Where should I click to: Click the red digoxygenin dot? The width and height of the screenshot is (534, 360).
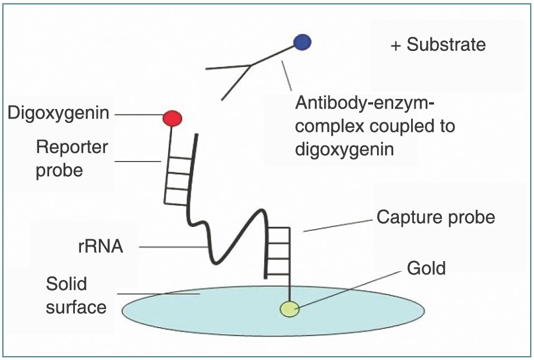pos(173,118)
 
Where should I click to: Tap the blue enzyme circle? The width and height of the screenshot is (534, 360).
pos(302,41)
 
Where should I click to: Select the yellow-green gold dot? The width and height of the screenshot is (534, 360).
pos(290,308)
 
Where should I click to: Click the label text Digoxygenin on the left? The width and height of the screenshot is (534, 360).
pos(59,113)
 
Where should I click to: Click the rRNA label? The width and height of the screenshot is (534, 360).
pos(101,246)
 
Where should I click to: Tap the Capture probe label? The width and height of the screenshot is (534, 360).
pos(436,217)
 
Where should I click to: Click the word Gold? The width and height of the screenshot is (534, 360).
pos(426,268)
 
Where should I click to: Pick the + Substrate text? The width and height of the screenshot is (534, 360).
pos(438,45)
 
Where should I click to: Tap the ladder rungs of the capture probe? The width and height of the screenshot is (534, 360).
pos(278,252)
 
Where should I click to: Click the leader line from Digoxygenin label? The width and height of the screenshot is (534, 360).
pos(140,116)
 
